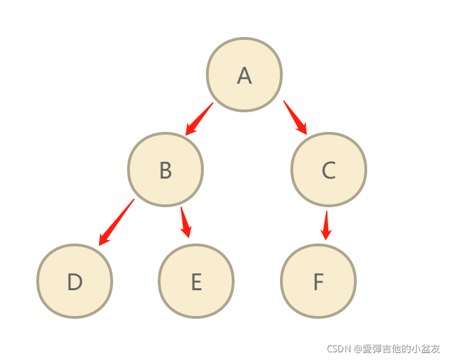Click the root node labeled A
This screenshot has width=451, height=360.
[x=244, y=75]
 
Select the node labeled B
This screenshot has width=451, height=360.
[x=165, y=170]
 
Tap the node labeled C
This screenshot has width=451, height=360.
[x=328, y=170]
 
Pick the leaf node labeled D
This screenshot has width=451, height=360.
[x=75, y=281]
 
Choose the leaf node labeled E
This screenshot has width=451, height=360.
[x=196, y=281]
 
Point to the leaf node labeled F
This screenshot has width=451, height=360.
[x=318, y=281]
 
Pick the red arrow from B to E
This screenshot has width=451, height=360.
[x=185, y=223]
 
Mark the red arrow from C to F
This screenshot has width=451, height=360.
[x=325, y=225]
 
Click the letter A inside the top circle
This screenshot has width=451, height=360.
[x=244, y=75]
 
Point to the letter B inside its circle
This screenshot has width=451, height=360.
[x=165, y=170]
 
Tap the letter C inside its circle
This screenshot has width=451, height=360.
[x=328, y=170]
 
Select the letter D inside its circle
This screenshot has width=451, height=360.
[x=75, y=282]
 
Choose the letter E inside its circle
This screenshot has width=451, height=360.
[x=196, y=282]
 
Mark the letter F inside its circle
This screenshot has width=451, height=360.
[x=318, y=282]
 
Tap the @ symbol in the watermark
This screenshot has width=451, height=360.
[x=357, y=348]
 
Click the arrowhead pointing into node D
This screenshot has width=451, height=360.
[x=103, y=240]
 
